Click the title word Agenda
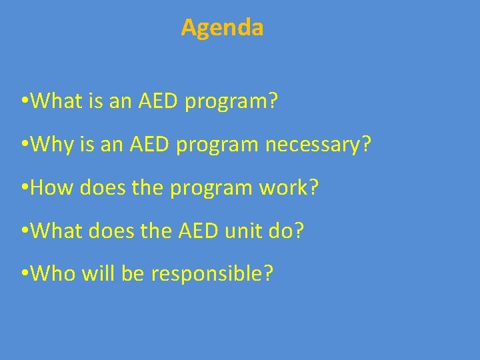pos(222,28)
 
